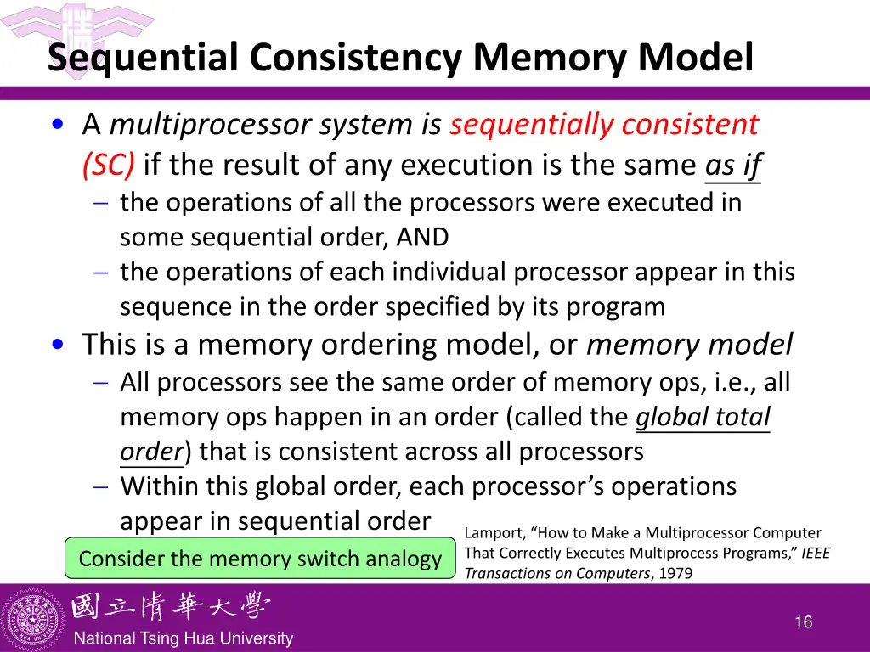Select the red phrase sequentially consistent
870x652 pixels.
603,125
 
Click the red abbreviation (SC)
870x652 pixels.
108,164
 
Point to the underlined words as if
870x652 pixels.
732,164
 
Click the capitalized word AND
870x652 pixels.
422,237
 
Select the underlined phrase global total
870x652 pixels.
703,417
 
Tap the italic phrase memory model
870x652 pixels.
689,345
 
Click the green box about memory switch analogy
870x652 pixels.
260,559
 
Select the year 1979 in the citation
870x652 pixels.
675,573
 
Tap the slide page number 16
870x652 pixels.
803,622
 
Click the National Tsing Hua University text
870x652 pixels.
183,638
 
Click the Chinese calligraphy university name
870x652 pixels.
170,607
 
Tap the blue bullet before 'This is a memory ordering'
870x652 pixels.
57,346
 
